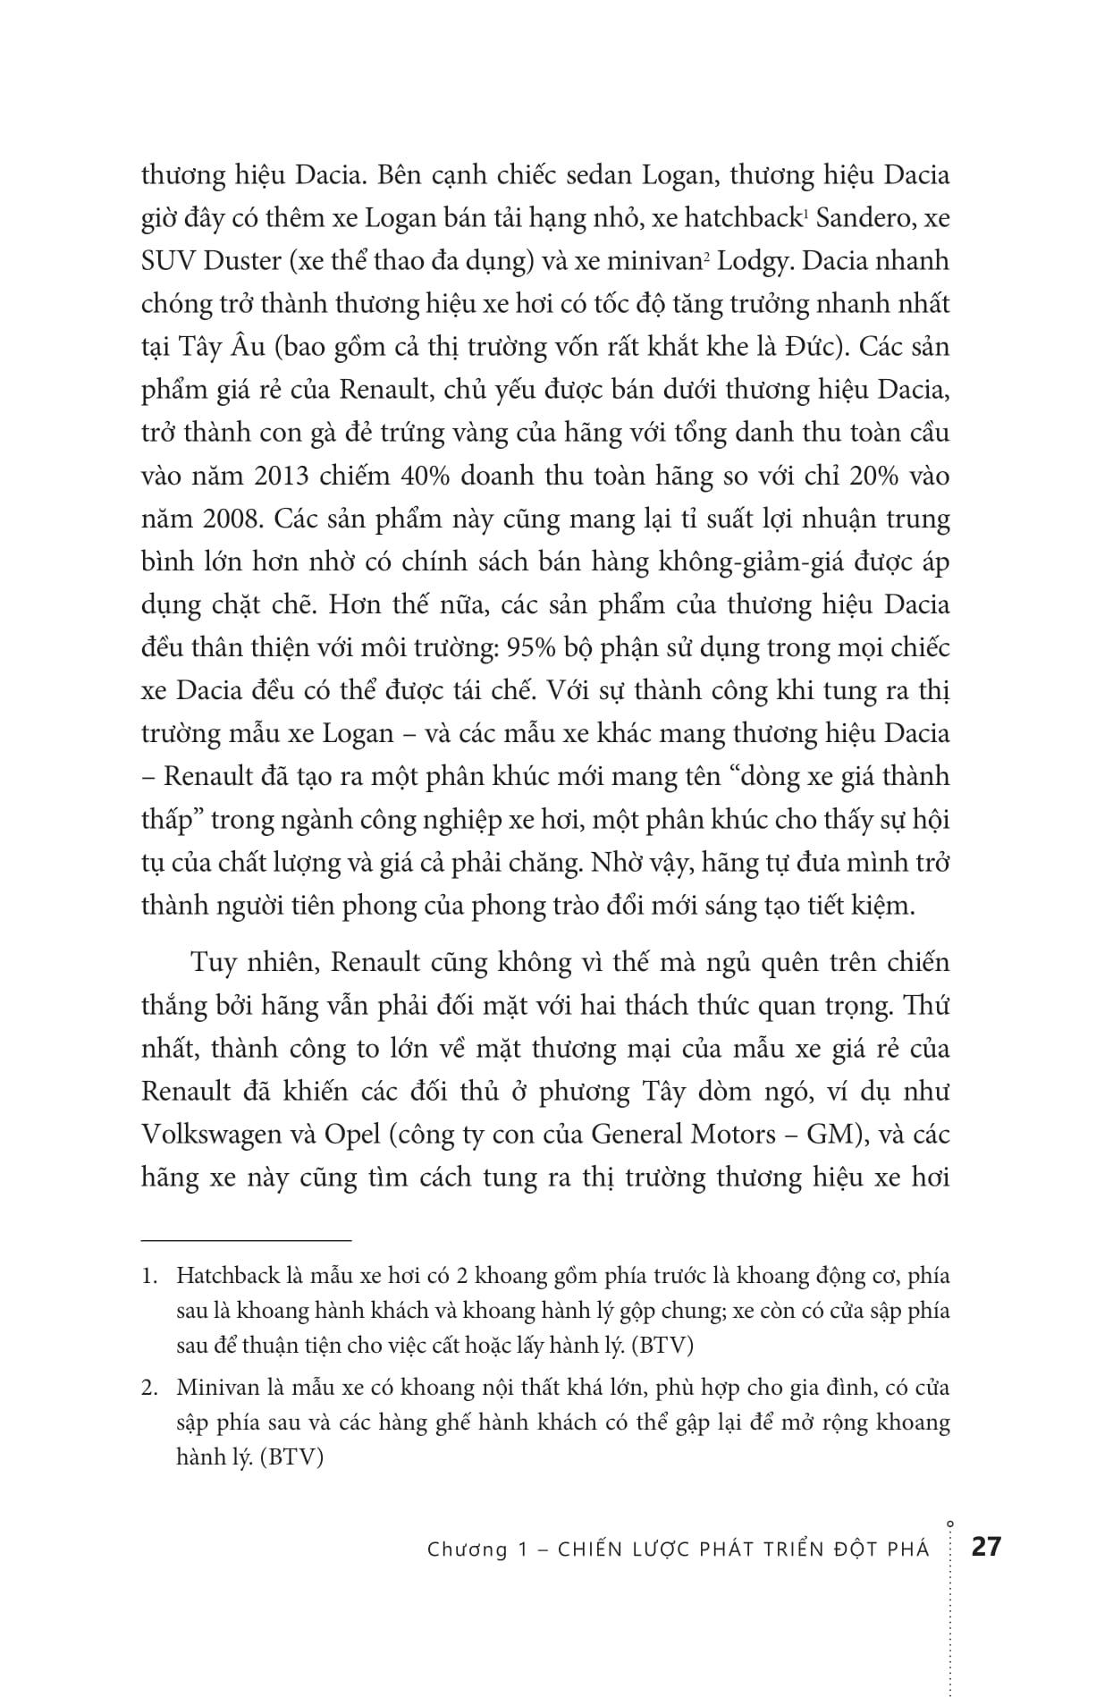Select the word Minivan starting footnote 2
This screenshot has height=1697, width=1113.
216,1389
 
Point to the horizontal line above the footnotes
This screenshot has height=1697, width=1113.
247,1240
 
